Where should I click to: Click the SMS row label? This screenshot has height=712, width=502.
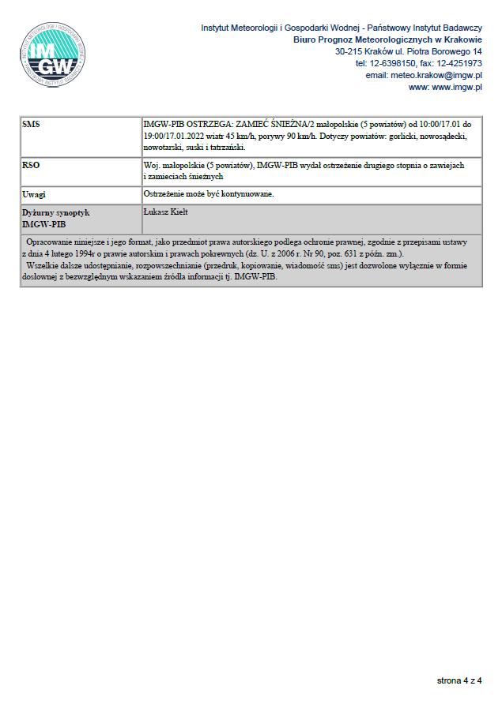point(32,125)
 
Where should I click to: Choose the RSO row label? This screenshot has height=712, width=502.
point(32,166)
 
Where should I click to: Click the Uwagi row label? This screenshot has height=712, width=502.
point(35,193)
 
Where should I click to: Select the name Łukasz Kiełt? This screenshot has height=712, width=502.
point(167,212)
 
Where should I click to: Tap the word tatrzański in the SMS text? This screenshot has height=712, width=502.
point(230,147)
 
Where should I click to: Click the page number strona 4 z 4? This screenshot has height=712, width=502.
point(459,680)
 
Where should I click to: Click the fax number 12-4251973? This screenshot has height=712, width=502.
point(459,63)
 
